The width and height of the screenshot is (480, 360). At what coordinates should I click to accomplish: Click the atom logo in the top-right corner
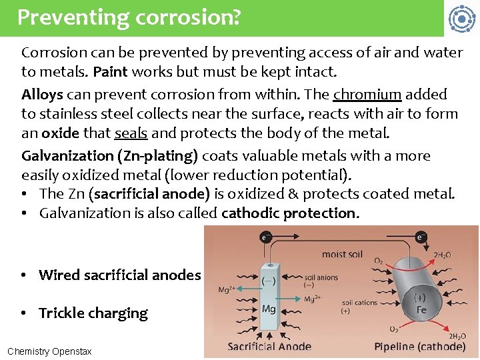[461, 19]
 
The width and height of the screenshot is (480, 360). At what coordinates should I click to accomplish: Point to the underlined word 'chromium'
[367, 94]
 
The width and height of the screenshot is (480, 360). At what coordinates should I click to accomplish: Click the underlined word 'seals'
[131, 133]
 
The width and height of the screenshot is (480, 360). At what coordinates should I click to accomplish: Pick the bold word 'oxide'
[61, 133]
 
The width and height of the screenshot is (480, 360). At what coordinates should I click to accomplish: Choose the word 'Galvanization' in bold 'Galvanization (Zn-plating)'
[67, 156]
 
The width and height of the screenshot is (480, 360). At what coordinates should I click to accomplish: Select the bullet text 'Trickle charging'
[93, 313]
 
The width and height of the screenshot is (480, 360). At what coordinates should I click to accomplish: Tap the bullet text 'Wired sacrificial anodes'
[120, 275]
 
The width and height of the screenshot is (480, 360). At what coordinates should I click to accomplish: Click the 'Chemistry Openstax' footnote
[49, 351]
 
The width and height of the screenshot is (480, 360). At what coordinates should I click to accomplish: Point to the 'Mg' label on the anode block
[269, 309]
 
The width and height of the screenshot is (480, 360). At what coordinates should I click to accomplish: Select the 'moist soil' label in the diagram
[343, 254]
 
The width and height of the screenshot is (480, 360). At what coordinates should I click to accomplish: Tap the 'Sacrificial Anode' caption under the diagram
[269, 346]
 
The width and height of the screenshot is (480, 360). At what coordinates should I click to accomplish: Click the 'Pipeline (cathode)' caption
[420, 346]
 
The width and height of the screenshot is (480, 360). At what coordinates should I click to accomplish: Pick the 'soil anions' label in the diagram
[321, 277]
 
